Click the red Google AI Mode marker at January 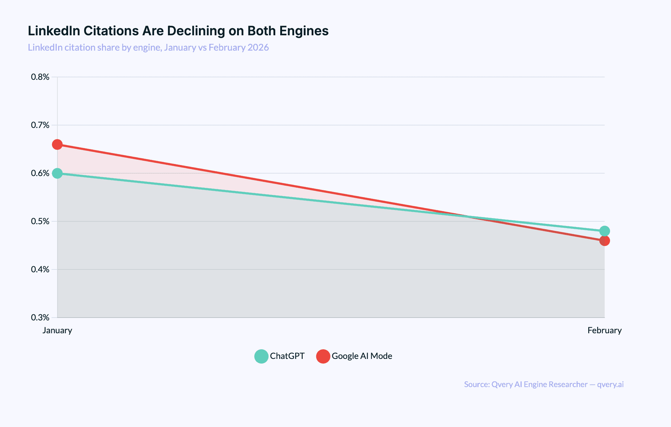pos(57,145)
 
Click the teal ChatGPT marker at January pos(57,174)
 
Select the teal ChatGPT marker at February pos(604,231)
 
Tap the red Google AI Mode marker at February pos(604,241)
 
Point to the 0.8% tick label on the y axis pos(40,77)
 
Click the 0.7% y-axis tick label pos(40,125)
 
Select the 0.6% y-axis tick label pos(40,173)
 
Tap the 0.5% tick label pos(40,221)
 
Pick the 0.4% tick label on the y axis pos(40,269)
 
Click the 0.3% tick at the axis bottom pos(40,318)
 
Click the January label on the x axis pos(57,330)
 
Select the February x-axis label pos(604,330)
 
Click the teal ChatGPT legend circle pos(261,356)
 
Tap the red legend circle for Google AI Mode pos(323,356)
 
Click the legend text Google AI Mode pos(362,356)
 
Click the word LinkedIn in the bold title pos(53,31)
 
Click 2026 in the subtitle pos(258,47)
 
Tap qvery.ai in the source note pos(610,385)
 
